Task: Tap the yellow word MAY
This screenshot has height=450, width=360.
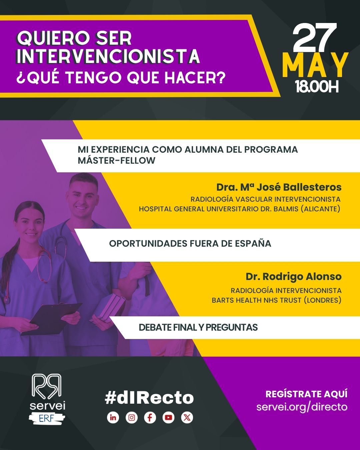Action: (315, 65)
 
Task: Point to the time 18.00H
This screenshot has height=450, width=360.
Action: (317, 87)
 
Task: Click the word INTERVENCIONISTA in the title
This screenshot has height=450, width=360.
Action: (108, 56)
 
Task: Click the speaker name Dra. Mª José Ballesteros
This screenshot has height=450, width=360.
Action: (279, 187)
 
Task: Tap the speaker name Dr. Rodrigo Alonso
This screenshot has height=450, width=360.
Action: (293, 277)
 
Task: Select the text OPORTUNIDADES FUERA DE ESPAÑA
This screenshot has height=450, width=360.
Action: (190, 243)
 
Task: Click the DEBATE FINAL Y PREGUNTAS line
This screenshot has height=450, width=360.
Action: (198, 327)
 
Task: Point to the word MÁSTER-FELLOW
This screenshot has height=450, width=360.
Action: (117, 160)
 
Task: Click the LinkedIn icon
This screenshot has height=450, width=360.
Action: (113, 417)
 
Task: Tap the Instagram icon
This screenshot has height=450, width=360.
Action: (132, 417)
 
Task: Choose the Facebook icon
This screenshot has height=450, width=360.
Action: (150, 417)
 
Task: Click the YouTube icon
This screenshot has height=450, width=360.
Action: (168, 417)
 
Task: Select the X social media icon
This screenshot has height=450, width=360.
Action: (187, 417)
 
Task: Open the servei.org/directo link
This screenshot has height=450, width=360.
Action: (302, 407)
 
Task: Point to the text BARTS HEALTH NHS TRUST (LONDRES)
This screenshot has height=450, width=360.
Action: (276, 300)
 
